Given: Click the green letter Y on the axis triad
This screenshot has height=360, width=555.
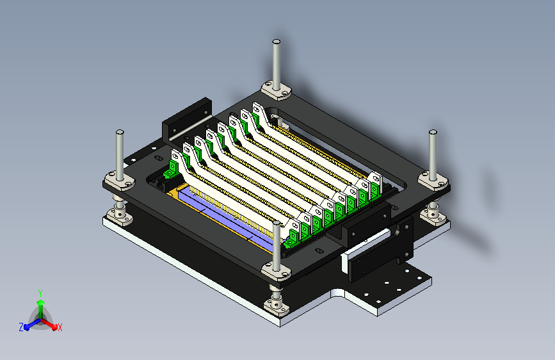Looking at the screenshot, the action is click(x=40, y=293).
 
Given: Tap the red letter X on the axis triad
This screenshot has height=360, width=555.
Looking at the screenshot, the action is click(x=60, y=327).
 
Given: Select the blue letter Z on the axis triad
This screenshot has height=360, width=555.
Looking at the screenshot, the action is click(x=21, y=327).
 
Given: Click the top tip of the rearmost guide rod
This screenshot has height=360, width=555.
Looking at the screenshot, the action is click(x=277, y=42).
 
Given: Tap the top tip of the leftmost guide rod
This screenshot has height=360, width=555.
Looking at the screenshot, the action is click(x=120, y=132).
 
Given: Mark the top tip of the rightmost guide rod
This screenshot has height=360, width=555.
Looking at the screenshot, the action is click(x=433, y=132).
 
